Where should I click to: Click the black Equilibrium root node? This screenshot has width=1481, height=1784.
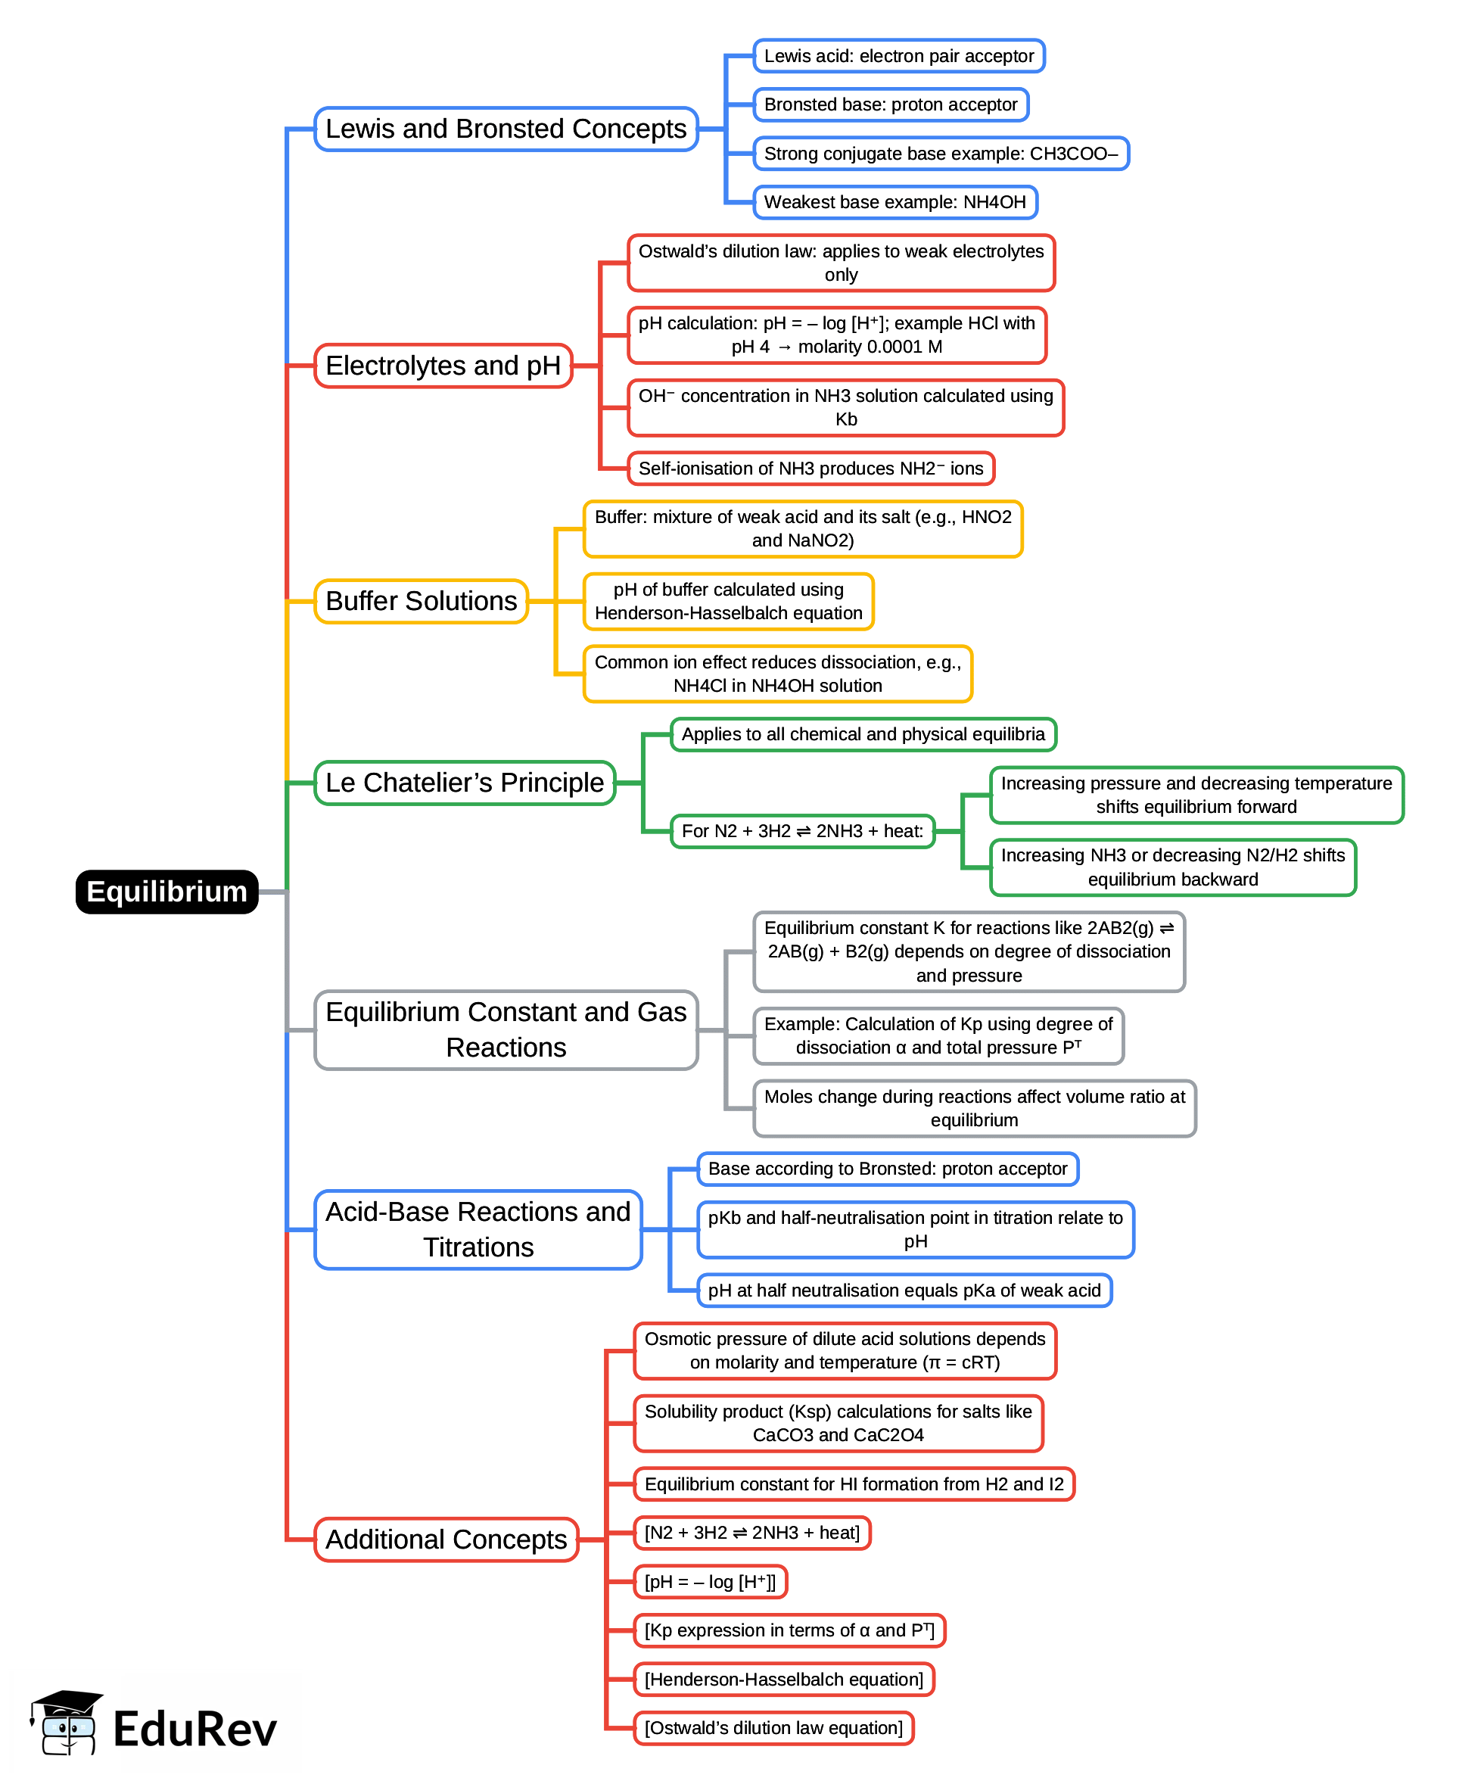point(166,891)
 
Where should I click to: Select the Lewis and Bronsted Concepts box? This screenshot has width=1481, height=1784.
point(506,129)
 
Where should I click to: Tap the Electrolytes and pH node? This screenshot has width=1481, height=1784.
point(443,366)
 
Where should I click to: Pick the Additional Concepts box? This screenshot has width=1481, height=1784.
point(446,1540)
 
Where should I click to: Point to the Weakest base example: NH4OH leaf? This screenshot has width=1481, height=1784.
point(895,202)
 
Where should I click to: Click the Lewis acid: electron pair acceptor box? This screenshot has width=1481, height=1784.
point(898,56)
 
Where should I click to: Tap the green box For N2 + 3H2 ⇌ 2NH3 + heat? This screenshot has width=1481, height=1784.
point(801,831)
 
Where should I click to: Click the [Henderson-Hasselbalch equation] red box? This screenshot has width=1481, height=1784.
point(783,1680)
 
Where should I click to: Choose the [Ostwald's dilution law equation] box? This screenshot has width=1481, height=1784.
point(773,1728)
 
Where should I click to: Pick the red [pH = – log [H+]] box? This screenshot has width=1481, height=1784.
point(710,1582)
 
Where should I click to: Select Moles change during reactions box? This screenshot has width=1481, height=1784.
point(973,1108)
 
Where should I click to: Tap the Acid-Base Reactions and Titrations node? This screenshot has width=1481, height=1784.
point(478,1229)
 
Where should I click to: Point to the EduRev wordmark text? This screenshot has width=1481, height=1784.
point(194,1730)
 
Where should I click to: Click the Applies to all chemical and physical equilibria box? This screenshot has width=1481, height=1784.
point(862,734)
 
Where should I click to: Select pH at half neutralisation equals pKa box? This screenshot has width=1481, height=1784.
point(904,1291)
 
